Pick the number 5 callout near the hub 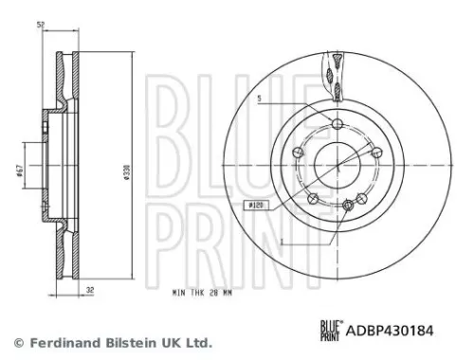coord(258,97)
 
